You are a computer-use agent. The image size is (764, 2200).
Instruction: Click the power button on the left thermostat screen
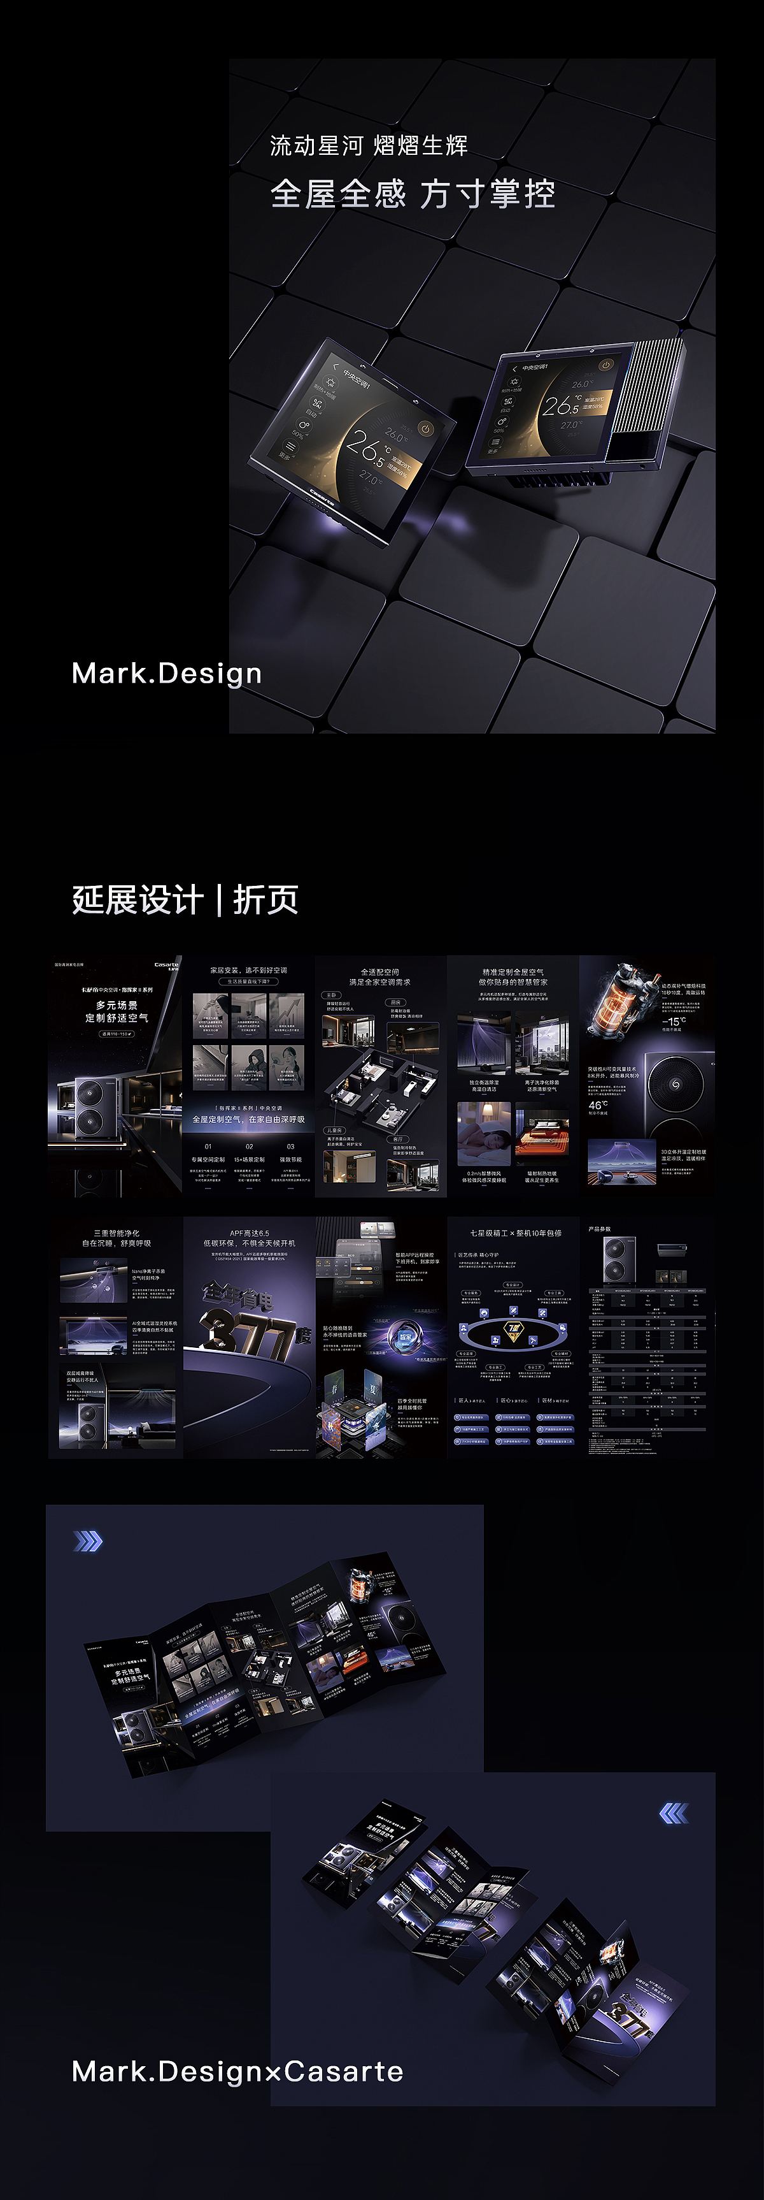tap(425, 428)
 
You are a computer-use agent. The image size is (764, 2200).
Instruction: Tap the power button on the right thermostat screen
tap(606, 365)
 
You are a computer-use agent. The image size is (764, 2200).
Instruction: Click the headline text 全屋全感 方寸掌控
tap(413, 194)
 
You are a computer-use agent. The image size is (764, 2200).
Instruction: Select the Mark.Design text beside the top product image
tap(166, 673)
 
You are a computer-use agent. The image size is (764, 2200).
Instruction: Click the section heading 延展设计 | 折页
tap(185, 899)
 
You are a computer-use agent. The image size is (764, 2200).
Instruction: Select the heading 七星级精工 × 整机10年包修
tap(516, 1233)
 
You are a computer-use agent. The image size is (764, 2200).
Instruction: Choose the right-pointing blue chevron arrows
tap(88, 1540)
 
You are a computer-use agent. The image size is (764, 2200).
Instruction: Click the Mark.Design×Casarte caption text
tap(237, 2071)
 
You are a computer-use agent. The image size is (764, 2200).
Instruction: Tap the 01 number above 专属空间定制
tap(208, 1146)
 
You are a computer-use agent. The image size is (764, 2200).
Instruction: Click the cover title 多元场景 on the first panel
tap(117, 1005)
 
